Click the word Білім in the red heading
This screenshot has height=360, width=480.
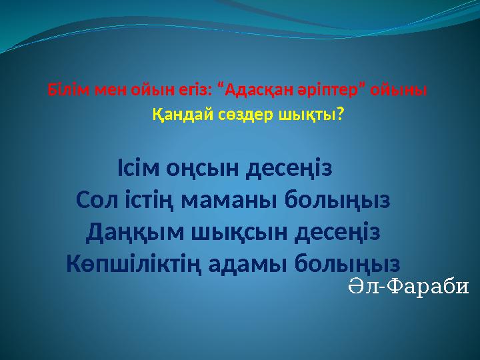pos(63,89)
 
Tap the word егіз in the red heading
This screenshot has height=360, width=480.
pos(186,89)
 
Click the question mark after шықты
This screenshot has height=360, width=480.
pos(341,115)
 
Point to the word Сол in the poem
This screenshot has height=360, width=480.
pos(97,199)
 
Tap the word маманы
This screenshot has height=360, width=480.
pos(237,199)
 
